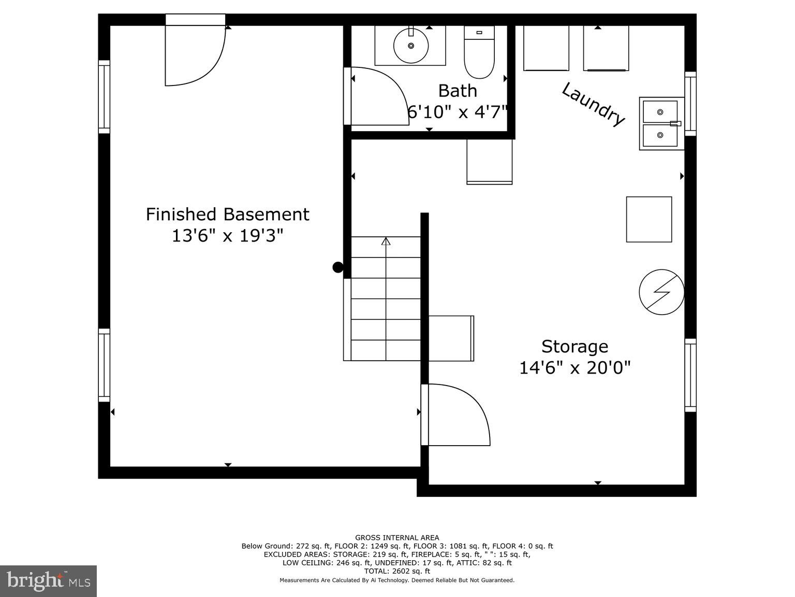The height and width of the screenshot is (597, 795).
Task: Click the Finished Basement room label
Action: coord(227,214)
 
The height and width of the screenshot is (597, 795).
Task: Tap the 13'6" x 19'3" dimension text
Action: coord(227,236)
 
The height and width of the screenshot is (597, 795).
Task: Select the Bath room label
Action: coord(458,91)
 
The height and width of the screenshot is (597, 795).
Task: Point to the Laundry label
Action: coord(593,104)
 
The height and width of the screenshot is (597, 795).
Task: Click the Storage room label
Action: coord(575,346)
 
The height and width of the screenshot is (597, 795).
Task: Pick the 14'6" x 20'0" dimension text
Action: coord(575,368)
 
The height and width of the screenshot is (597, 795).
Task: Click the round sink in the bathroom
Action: coord(411,46)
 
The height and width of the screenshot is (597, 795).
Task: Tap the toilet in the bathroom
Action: coord(479,52)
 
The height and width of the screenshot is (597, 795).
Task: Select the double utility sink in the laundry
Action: coord(661,123)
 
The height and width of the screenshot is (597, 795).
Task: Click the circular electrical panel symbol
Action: coord(661,292)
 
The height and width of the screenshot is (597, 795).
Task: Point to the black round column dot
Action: coord(337,267)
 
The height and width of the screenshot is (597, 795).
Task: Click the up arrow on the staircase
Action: coord(386,241)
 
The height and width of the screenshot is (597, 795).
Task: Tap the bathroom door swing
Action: coord(375,96)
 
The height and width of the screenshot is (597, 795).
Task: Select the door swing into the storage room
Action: coord(455,415)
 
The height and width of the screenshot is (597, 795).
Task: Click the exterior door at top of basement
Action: coord(195,52)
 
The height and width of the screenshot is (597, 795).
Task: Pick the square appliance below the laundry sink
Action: coord(649,219)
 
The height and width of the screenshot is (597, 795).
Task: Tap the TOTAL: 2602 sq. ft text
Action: coord(397,571)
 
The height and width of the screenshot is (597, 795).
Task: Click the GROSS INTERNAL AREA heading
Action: coord(397,538)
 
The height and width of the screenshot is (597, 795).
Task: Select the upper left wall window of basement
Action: coord(104,97)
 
